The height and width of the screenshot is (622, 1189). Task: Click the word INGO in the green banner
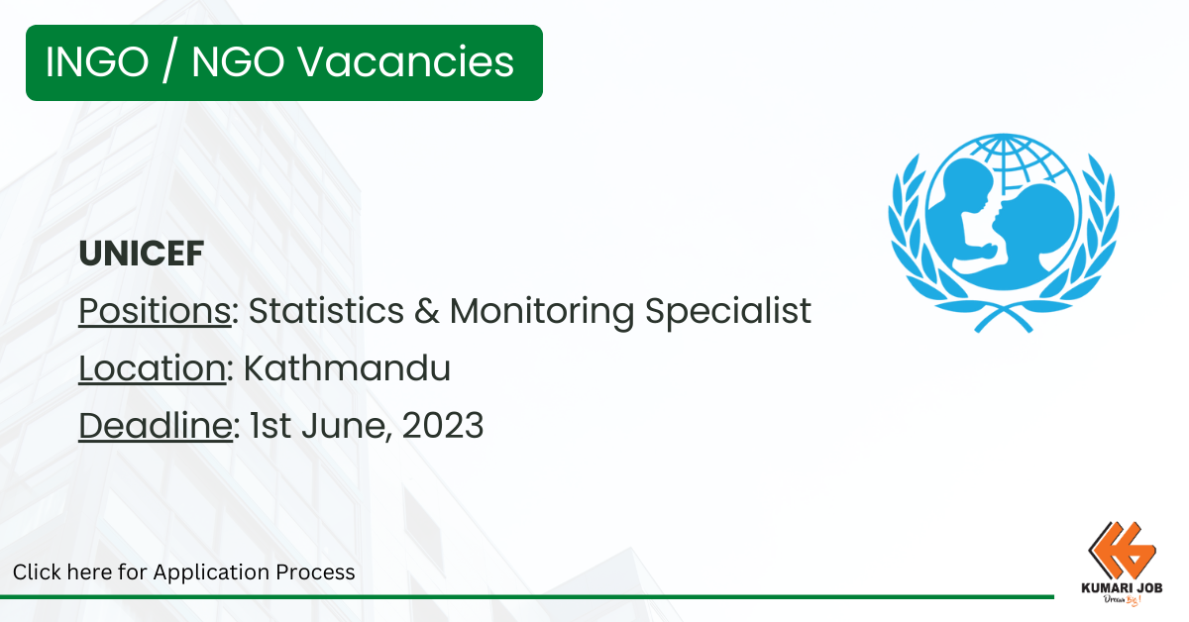point(97,62)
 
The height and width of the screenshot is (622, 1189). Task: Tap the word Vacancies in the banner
point(405,62)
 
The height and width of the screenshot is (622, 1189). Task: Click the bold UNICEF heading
point(141,254)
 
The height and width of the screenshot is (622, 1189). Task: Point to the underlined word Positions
point(155,311)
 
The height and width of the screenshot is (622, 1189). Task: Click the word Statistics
point(326,310)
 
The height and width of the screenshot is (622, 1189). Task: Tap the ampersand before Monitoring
point(427,311)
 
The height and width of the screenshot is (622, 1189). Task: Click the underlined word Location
point(153,367)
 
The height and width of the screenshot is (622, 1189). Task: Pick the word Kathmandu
point(347,367)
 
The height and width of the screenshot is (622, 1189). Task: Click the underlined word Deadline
point(156,425)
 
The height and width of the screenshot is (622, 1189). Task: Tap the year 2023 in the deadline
point(443,426)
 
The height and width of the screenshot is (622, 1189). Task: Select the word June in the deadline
point(347,426)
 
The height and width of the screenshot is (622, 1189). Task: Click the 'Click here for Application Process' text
point(183,572)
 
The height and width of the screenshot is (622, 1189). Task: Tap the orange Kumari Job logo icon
point(1122,551)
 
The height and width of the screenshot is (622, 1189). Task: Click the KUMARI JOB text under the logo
point(1122,588)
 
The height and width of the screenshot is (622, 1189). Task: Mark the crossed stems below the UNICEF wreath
point(1003,319)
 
